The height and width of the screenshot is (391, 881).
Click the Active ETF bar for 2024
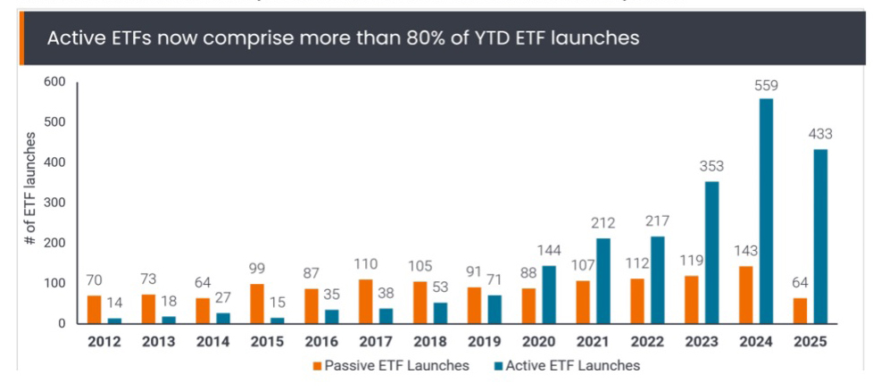tap(766, 211)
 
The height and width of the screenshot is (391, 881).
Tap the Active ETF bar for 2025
tap(820, 237)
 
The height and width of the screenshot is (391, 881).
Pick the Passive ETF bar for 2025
tap(802, 311)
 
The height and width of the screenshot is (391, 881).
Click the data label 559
tap(766, 87)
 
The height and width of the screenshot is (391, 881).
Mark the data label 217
tap(657, 220)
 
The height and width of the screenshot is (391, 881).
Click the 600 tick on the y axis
tap(55, 82)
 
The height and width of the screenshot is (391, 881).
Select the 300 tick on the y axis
tap(55, 203)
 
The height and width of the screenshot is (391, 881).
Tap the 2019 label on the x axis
tap(485, 342)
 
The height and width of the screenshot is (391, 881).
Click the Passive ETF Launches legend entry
tap(391, 365)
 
